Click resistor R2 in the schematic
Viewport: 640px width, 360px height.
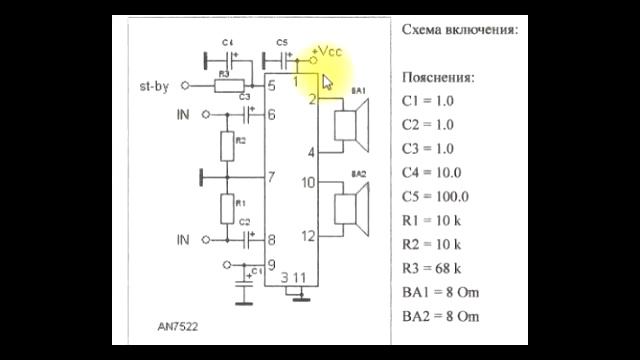[228, 147]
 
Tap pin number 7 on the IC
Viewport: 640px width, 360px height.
[272, 178]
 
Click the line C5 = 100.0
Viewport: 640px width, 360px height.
[435, 196]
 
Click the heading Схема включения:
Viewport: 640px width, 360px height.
[460, 30]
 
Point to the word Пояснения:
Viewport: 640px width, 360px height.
[438, 77]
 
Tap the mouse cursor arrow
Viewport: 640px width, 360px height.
[326, 80]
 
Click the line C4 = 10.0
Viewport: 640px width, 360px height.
[432, 172]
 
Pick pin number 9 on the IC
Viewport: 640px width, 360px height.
[272, 265]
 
